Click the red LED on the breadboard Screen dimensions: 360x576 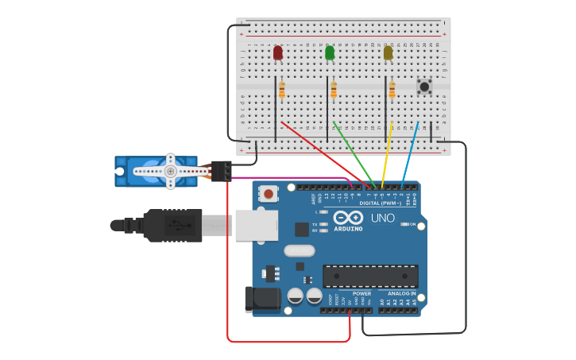click(277, 52)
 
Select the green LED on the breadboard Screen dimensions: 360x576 click(330, 52)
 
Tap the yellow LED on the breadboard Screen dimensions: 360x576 click(388, 52)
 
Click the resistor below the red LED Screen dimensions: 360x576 click(281, 89)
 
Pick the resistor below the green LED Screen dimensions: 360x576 click(334, 89)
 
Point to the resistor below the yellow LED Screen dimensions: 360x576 click(392, 89)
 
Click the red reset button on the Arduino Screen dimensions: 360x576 click(270, 193)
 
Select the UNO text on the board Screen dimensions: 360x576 click(383, 218)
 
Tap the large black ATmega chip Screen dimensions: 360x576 click(370, 276)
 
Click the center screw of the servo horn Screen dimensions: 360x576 click(170, 171)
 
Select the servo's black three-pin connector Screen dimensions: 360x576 click(222, 170)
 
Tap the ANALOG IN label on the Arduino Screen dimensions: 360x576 click(402, 293)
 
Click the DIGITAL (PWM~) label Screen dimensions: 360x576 click(380, 203)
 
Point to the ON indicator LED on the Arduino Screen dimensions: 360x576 click(404, 225)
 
